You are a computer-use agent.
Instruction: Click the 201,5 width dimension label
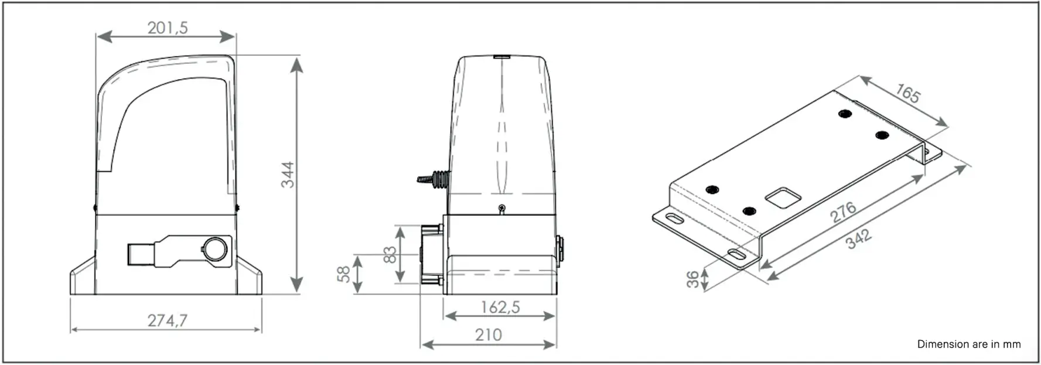coord(168,28)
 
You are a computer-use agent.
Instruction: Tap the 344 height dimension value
coord(288,175)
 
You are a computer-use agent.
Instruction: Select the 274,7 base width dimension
coord(168,320)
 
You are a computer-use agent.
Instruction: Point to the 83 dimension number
coord(390,255)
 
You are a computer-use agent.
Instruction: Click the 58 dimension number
coord(344,274)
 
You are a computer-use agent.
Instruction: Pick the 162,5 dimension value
coord(500,307)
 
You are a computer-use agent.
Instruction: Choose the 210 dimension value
coord(488,335)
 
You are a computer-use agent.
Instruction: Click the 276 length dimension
coord(844,212)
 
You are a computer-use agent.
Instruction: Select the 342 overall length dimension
coord(859,238)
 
